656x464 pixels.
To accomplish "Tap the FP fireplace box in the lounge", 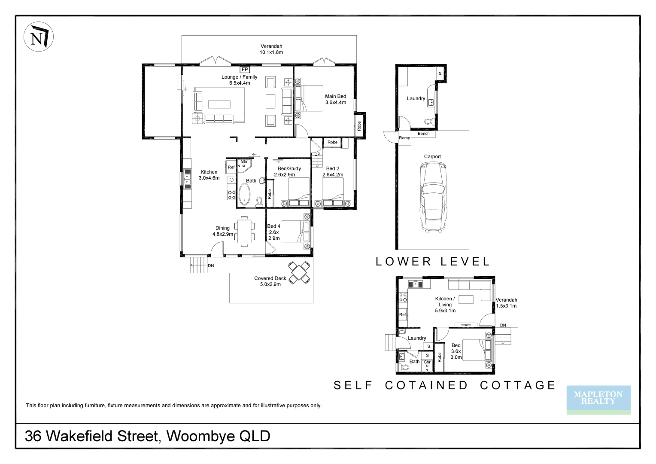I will click(245, 69).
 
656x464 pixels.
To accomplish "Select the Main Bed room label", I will click(335, 99).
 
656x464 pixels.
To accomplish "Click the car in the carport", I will click(433, 197).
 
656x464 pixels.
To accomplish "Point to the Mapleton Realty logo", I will click(598, 398).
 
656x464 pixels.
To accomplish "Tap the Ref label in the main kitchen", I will click(231, 167).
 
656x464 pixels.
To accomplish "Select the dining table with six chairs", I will click(244, 232).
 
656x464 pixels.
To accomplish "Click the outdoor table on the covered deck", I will click(300, 272).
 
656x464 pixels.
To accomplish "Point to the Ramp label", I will click(404, 138).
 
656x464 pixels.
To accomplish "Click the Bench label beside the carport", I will click(423, 134).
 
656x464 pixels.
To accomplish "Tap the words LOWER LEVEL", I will click(432, 261).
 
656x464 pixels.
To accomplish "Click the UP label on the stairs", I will click(317, 154).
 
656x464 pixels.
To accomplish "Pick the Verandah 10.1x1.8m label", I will click(271, 49).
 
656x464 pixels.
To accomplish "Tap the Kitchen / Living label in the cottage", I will click(445, 304).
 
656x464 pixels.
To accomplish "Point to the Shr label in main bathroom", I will click(244, 162).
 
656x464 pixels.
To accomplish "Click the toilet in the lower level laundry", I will click(428, 122).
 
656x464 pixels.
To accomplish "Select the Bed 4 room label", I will click(273, 232).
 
